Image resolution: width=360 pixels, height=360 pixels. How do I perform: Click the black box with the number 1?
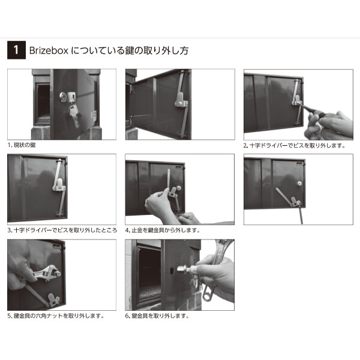(15, 50)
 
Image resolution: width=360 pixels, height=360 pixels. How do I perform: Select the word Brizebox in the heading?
(49, 50)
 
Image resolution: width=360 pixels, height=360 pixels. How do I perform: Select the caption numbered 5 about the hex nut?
(56, 316)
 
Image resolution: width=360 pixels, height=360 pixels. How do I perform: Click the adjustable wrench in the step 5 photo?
(42, 275)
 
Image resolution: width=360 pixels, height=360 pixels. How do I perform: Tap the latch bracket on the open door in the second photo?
(180, 102)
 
